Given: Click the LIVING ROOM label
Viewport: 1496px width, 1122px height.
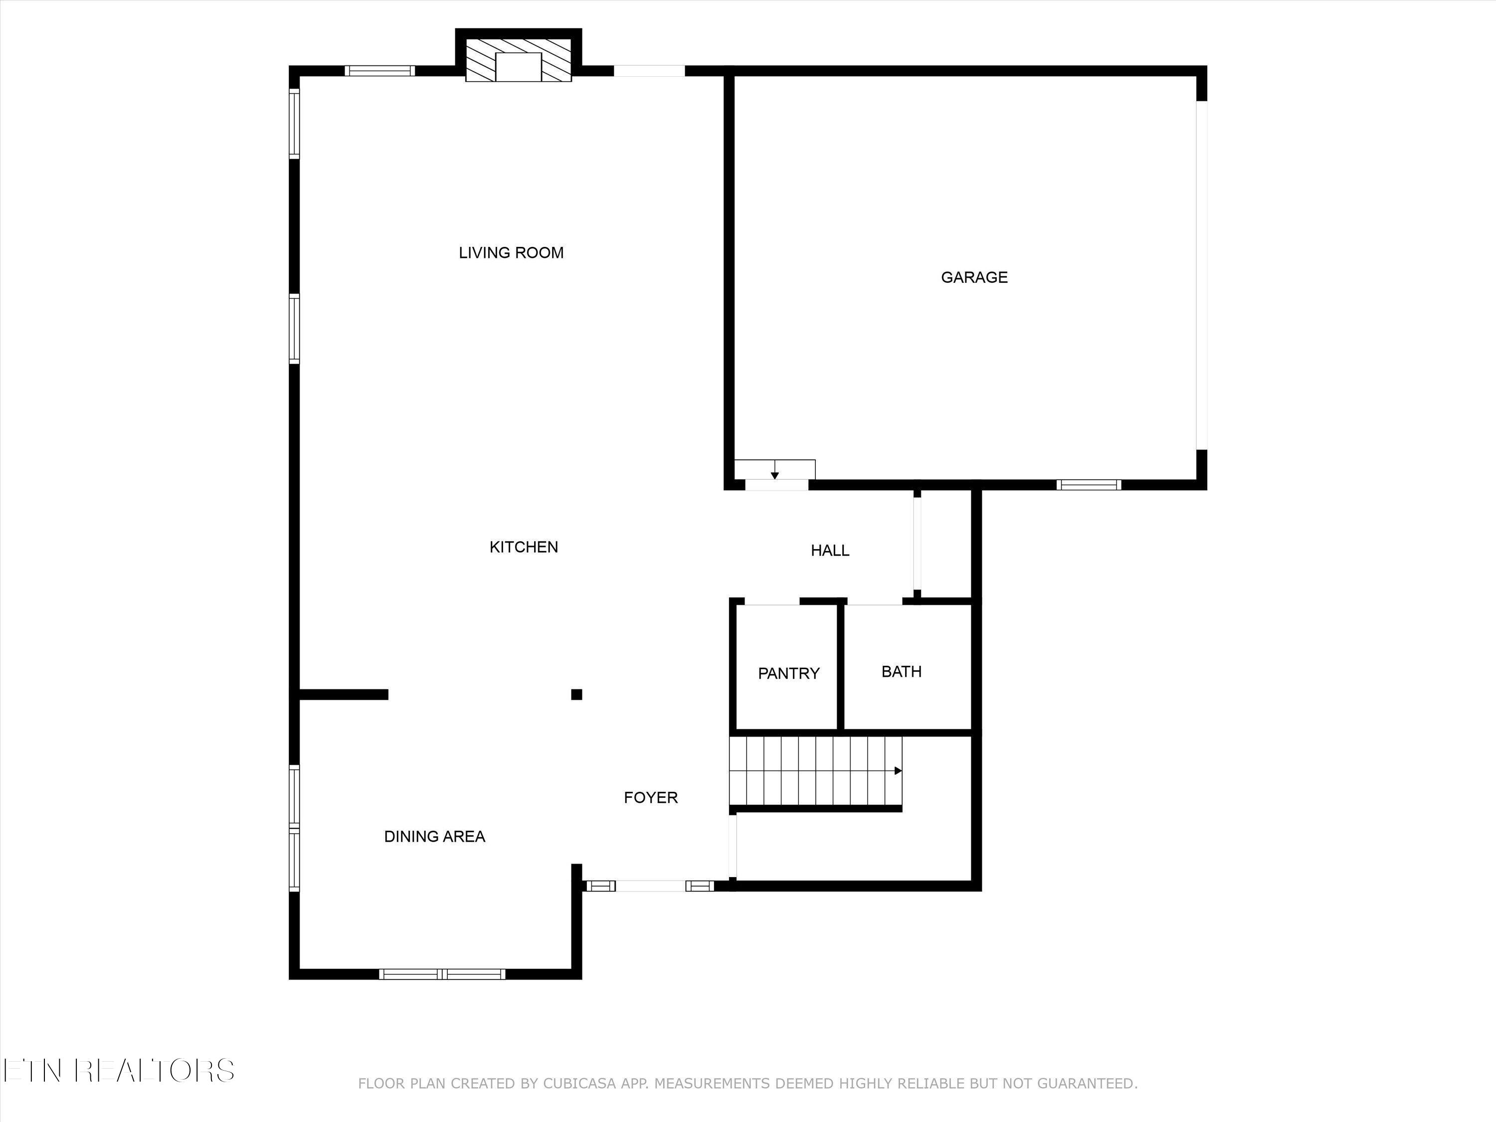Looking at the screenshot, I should pos(511,253).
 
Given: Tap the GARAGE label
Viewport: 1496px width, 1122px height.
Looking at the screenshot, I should pos(974,277).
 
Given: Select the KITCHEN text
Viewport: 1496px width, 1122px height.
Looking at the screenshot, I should pos(524,547).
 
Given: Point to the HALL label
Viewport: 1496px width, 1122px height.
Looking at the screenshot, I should pos(830,551).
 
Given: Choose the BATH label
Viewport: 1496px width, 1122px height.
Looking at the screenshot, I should pos(902,672).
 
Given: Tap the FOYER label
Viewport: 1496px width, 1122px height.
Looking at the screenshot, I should pos(651,797).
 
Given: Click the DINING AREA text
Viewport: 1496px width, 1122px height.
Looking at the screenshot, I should pos(434,837).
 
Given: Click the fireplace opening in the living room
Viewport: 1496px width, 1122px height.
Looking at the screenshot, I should pos(519,66).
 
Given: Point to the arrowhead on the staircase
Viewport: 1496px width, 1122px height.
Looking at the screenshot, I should pos(898,770).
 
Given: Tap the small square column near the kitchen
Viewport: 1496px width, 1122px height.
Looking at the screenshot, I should pos(576,695).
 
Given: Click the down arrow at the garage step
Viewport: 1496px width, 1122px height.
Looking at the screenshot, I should pos(775,475).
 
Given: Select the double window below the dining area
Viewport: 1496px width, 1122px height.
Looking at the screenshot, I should pos(442,974).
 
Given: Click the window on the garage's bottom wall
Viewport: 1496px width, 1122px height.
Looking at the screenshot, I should pos(1089,484).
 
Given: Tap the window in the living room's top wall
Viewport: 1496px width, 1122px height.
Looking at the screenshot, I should pos(379,70).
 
